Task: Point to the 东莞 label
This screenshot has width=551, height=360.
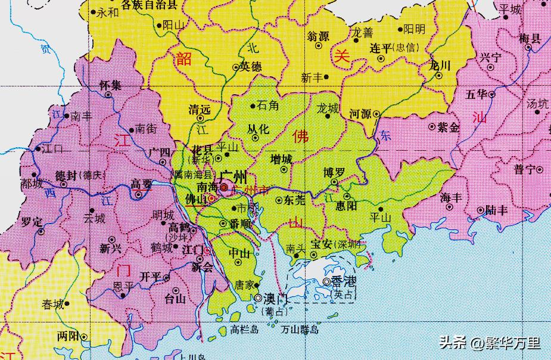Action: click(295, 200)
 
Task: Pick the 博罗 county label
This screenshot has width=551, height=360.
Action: click(334, 172)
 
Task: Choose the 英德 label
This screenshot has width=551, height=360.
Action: click(251, 67)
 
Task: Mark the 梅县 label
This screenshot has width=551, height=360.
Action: click(530, 39)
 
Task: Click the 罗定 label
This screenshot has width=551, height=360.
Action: click(32, 222)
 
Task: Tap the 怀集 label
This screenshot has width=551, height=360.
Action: click(110, 85)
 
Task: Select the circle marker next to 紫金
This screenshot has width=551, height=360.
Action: click(432, 126)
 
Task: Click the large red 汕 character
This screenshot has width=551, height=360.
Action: click(478, 117)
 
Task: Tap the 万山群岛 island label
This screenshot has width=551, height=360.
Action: click(300, 329)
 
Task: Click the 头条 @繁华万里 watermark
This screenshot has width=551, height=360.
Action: click(490, 343)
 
